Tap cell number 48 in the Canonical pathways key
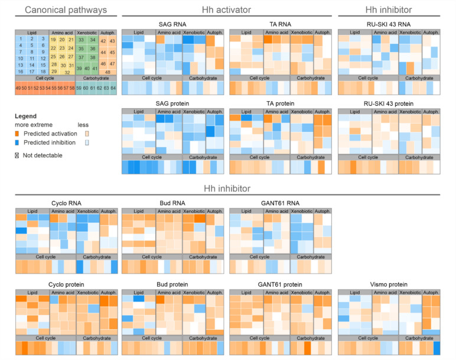pyautogui.click(x=108, y=72)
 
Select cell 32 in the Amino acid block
pyautogui.click(x=67, y=72)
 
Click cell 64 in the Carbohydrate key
pyautogui.click(x=113, y=88)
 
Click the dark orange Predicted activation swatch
pyautogui.click(x=17, y=134)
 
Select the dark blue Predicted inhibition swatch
pyautogui.click(x=17, y=142)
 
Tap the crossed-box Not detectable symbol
pyautogui.click(x=17, y=155)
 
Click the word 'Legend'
pyautogui.click(x=25, y=116)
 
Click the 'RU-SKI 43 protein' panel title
pyautogui.click(x=389, y=103)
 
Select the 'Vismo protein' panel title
pyautogui.click(x=389, y=284)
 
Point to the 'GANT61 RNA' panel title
pyautogui.click(x=280, y=203)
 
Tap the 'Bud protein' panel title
pyautogui.click(x=172, y=284)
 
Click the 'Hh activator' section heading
pyautogui.click(x=226, y=10)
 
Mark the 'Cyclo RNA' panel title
pyautogui.click(x=65, y=203)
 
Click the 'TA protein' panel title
pyautogui.click(x=280, y=103)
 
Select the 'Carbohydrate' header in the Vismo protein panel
pyautogui.click(x=415, y=337)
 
